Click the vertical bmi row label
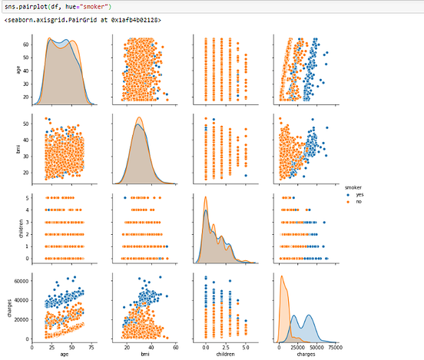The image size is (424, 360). pyautogui.click(x=7, y=147)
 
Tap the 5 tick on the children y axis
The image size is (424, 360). pyautogui.click(x=28, y=198)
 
